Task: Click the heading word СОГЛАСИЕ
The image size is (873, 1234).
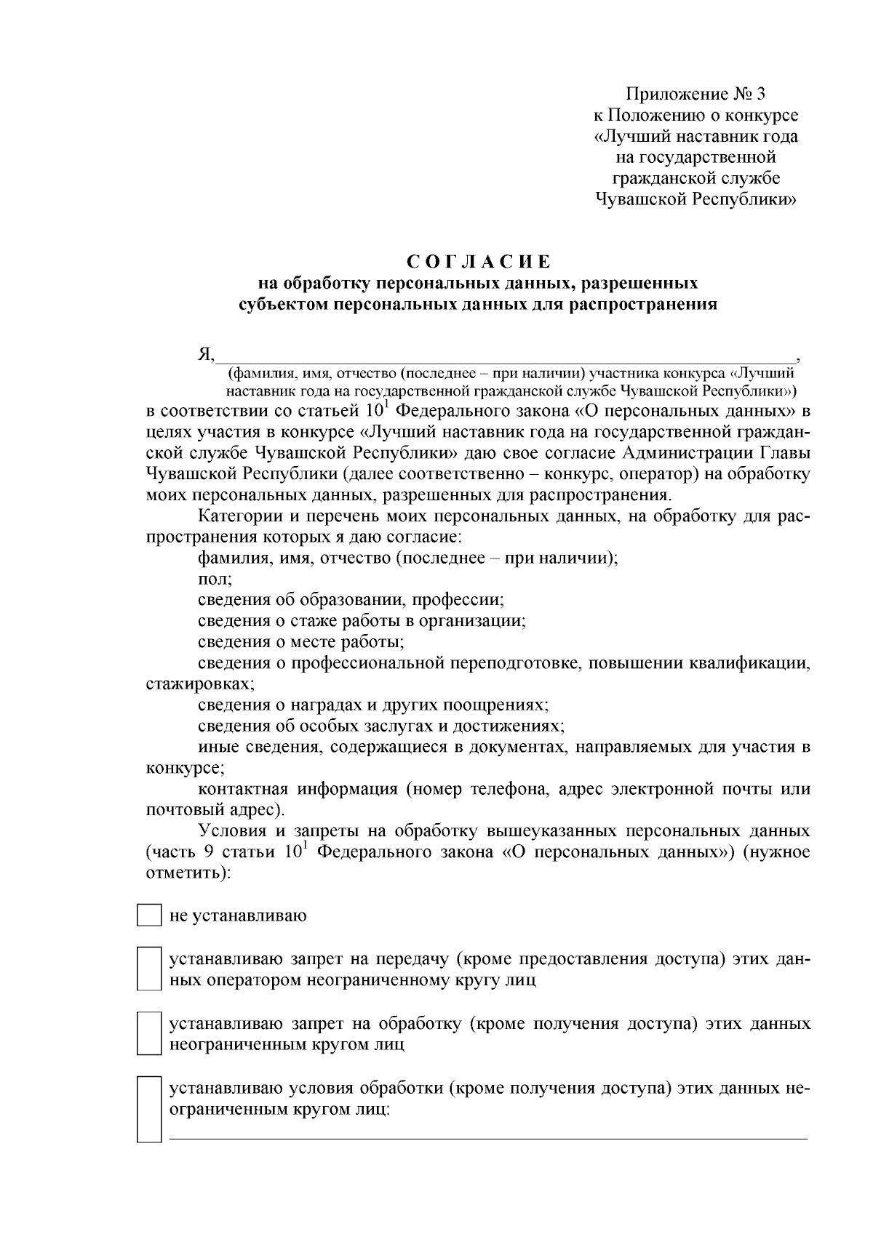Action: click(x=477, y=261)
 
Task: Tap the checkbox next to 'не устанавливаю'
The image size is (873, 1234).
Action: click(x=149, y=916)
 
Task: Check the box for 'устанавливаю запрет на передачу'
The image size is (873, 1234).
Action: click(x=149, y=969)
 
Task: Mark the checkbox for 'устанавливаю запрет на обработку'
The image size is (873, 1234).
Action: click(x=149, y=1033)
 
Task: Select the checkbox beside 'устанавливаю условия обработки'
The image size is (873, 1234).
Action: click(x=149, y=1110)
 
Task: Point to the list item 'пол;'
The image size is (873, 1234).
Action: click(x=215, y=580)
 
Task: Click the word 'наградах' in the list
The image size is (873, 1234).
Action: click(x=324, y=705)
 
